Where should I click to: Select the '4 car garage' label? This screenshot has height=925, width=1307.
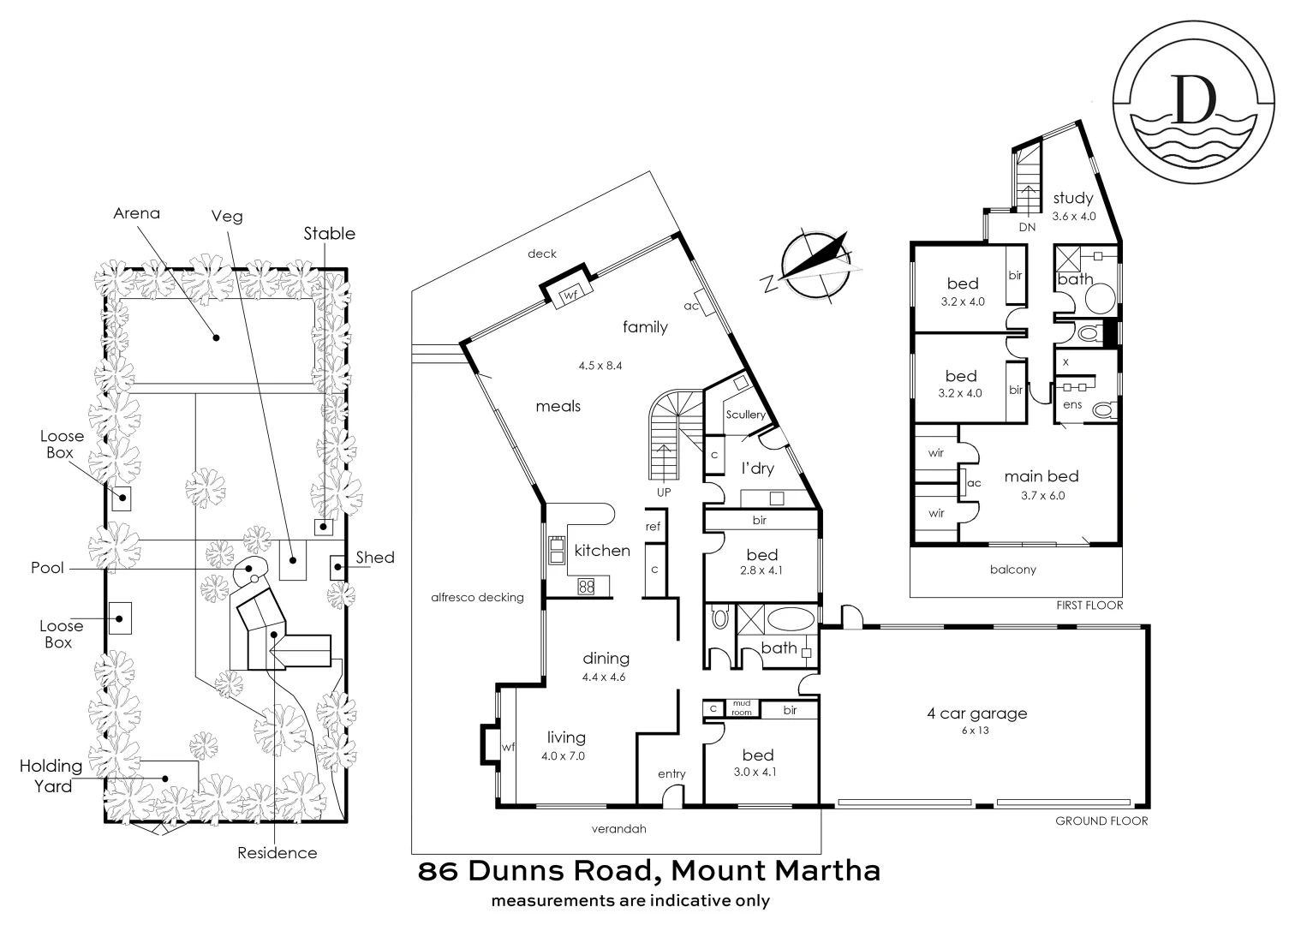point(976,713)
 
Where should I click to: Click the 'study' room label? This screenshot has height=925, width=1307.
point(1073,198)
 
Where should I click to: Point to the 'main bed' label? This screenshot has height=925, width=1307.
point(1041,476)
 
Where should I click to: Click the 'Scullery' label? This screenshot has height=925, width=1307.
point(745,415)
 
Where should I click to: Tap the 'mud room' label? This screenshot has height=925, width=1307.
point(741,707)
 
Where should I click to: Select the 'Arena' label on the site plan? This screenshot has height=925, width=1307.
point(136,213)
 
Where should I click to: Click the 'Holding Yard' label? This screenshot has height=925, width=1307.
point(52,775)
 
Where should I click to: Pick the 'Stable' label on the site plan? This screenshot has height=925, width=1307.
point(329,233)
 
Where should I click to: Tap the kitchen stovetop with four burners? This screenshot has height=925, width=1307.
point(587,587)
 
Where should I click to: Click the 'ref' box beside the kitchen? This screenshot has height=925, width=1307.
point(653,527)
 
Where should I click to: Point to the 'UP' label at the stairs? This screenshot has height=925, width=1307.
point(664,492)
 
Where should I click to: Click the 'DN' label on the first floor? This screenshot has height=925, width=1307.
point(1027,227)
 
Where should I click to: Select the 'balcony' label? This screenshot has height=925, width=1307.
point(1012,570)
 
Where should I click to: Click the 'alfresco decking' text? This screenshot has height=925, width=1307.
point(477,597)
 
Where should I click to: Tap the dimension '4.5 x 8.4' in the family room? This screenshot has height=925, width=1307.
point(600,365)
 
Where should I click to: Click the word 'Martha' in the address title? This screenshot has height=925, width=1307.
point(827,871)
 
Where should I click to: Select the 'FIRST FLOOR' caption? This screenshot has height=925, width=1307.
point(1089,605)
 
